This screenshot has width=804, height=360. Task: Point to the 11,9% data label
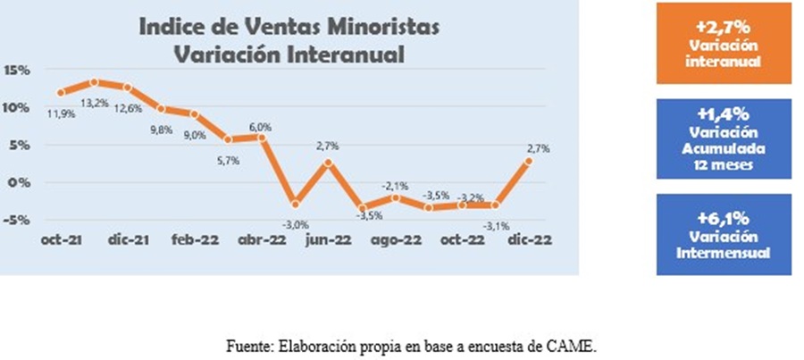pyautogui.click(x=61, y=113)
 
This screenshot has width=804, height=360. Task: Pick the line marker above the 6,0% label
pyautogui.click(x=262, y=137)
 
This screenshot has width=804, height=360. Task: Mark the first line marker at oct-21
pyautogui.click(x=61, y=92)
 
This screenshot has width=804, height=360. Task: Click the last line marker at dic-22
pyautogui.click(x=529, y=161)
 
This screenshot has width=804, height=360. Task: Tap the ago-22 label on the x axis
pyautogui.click(x=396, y=239)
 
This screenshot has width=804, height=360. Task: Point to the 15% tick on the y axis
pyautogui.click(x=18, y=70)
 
